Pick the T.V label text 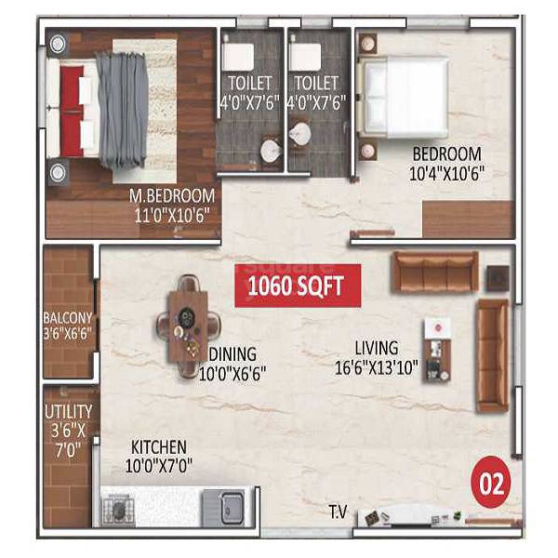pyautogui.click(x=338, y=511)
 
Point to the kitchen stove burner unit pyautogui.click(x=120, y=509)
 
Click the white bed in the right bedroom pyautogui.click(x=405, y=99)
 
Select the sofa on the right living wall pyautogui.click(x=492, y=355)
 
